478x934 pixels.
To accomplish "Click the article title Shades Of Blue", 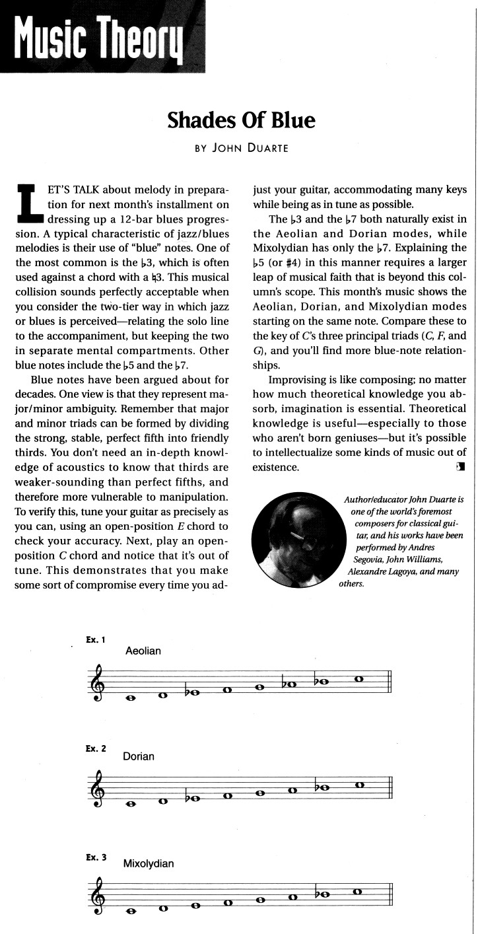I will coord(241,120).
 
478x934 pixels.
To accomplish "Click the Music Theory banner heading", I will coord(102,36).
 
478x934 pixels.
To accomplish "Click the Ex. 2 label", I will coord(96,748).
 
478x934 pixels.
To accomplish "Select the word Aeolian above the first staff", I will coord(143,651).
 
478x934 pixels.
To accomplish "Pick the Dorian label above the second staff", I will coord(139,756).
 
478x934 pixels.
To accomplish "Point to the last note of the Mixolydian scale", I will coord(358,890).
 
